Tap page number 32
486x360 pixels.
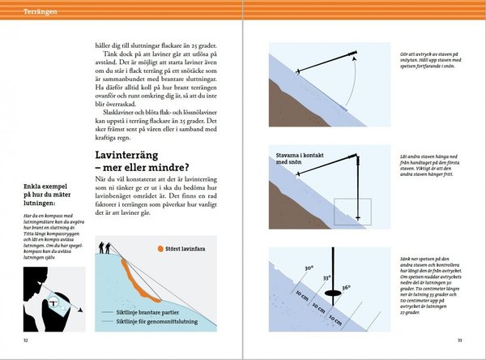27,340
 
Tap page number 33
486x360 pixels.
459,340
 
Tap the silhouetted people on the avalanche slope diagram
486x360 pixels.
104,246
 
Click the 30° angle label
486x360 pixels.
309,268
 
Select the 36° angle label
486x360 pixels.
347,287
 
